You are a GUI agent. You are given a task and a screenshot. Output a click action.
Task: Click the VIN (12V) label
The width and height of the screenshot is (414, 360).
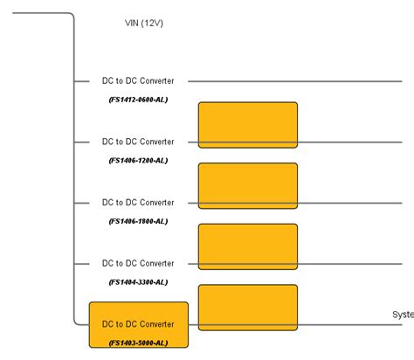[144, 24]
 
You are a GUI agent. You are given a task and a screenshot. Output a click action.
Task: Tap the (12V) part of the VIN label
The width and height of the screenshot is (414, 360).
[154, 24]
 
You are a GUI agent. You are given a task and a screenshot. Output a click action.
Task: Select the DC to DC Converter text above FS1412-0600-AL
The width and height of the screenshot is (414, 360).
[138, 81]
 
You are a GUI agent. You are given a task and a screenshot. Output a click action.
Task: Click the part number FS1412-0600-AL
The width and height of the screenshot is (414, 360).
[138, 100]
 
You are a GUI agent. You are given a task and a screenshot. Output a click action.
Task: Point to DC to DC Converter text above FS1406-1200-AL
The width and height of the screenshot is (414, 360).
[138, 142]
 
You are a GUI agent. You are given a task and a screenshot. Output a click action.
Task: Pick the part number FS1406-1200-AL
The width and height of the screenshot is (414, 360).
[138, 161]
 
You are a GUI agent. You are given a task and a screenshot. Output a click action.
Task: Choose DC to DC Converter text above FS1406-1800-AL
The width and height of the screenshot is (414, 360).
[138, 203]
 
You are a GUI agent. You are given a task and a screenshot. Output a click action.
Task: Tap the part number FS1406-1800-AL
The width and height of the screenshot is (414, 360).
[138, 221]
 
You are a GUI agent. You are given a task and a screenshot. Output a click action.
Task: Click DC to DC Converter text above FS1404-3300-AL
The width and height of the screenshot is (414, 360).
[138, 263]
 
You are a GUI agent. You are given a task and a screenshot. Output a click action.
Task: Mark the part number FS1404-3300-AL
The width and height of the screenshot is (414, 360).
[138, 282]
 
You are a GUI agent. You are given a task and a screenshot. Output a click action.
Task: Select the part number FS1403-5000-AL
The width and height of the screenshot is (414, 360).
[138, 343]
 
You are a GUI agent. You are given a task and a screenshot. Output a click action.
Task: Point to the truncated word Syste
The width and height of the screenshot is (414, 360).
[403, 315]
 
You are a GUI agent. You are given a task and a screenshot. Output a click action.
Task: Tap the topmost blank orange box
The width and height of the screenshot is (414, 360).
[248, 125]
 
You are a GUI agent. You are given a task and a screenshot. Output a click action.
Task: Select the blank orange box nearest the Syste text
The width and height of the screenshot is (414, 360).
[248, 307]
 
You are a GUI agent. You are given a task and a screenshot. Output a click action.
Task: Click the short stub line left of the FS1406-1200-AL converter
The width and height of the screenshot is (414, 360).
[83, 142]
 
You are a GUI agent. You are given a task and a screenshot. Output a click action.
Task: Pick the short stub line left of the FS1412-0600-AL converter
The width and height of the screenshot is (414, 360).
[83, 81]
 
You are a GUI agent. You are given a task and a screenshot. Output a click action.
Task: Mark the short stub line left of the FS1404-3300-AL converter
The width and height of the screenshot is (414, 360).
[83, 263]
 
